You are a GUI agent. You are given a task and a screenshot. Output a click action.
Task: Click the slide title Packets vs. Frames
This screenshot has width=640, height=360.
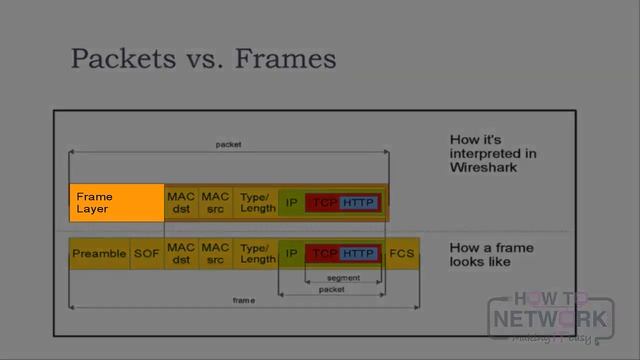[203, 58]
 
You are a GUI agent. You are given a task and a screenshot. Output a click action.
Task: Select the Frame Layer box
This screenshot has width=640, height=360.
[116, 203]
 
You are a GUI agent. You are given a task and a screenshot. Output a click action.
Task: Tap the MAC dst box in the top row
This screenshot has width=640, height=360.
[181, 203]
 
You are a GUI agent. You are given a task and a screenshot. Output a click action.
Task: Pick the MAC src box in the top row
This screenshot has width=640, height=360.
[215, 203]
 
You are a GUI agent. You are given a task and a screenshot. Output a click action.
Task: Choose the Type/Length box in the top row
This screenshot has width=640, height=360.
[257, 203]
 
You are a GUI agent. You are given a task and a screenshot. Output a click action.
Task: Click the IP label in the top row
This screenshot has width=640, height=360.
[291, 203]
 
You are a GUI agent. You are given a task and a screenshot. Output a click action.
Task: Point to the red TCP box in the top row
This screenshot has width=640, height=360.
[323, 203]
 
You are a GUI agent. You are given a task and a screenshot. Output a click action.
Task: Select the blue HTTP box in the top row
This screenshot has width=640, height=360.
[358, 203]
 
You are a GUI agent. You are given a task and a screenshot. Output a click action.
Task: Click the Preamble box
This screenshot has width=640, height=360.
[99, 254]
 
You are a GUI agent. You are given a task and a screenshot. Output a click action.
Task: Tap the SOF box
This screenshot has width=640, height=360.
[146, 254]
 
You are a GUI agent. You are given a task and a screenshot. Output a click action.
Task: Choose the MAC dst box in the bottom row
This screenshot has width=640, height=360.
[181, 254]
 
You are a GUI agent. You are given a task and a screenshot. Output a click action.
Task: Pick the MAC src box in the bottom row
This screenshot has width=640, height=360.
[215, 254]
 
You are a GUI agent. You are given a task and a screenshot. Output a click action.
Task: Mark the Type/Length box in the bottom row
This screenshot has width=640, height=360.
[257, 254]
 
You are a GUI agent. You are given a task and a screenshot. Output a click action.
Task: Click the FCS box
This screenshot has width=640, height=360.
[402, 254]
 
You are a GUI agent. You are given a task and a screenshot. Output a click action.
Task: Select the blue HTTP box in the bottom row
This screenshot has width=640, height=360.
[358, 254]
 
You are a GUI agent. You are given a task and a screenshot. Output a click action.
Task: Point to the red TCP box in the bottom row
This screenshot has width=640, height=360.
[323, 254]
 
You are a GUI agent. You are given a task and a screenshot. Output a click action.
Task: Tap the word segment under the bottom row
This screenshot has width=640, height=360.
[343, 278]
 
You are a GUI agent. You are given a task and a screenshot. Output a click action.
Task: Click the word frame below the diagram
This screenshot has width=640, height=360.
[243, 300]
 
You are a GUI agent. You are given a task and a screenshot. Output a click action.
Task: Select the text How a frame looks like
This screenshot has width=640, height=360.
[491, 254]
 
